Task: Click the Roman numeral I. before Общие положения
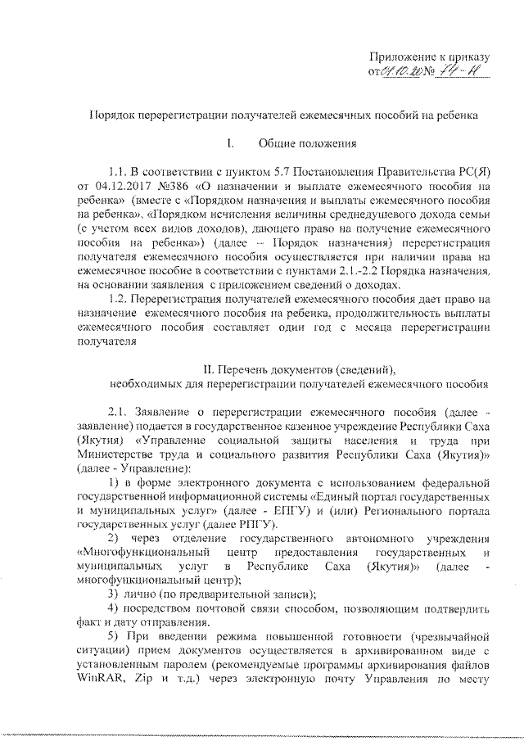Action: point(231,144)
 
